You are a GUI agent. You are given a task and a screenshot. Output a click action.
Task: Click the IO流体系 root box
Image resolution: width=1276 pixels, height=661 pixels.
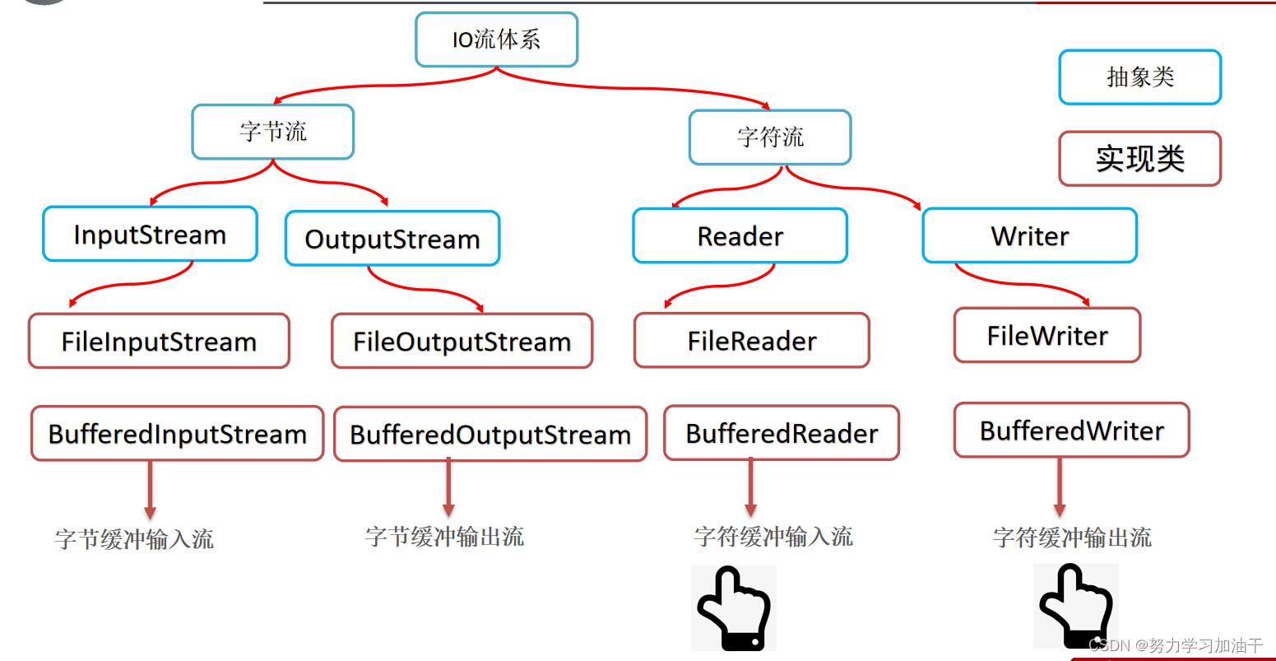point(496,40)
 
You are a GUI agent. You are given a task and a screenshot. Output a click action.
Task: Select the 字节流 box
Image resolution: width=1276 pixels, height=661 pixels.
point(272,132)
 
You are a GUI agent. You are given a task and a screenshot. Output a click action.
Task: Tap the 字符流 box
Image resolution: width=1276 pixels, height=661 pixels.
point(769,137)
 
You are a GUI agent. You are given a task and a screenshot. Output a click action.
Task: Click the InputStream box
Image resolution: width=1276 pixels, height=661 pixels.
point(150,235)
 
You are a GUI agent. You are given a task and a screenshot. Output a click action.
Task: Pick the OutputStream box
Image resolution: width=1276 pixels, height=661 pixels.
point(392,239)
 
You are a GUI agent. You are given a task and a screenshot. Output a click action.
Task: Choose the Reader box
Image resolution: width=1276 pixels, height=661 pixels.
point(740,236)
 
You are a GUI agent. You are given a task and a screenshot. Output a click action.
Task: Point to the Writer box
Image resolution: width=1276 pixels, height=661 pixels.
point(1029,236)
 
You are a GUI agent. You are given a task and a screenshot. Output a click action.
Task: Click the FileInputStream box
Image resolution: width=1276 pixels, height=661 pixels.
point(159,341)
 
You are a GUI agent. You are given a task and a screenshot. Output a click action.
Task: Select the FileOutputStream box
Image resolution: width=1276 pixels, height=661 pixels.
point(462,341)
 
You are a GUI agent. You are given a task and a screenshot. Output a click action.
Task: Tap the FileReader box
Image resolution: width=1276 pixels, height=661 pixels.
point(751,340)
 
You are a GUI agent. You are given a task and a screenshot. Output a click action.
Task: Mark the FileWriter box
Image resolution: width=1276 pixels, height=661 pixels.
point(1046,335)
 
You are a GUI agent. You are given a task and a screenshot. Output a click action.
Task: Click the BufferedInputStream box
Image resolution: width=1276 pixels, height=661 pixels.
point(177,434)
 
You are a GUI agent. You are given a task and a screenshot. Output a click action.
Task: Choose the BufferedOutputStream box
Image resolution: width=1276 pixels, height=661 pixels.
point(490,435)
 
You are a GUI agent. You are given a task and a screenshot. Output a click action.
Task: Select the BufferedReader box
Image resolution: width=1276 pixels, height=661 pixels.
point(782,433)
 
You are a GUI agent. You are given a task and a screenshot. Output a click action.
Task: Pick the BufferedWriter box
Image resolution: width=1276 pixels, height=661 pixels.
point(1071,431)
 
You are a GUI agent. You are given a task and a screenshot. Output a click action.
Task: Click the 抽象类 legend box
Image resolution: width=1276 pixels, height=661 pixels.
point(1139,77)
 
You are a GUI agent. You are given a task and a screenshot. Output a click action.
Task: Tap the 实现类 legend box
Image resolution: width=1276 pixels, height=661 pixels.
point(1139,159)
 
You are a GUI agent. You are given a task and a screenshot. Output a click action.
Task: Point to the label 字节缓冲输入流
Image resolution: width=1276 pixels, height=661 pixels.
point(134,539)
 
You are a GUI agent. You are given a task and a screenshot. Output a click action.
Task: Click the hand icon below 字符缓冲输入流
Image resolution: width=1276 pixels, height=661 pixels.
point(733,608)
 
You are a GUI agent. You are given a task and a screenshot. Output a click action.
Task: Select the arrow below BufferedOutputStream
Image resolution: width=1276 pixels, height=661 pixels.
point(448,489)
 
